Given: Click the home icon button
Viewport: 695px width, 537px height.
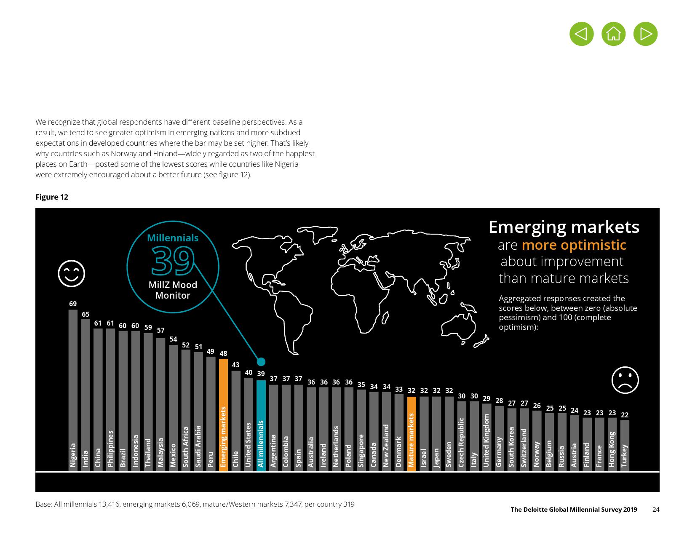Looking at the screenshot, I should tap(613, 34).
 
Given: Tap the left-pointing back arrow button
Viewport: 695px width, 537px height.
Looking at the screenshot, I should tap(581, 34).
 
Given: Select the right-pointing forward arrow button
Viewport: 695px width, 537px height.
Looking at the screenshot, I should tap(645, 34).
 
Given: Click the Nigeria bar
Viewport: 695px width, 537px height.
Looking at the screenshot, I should tap(73, 390).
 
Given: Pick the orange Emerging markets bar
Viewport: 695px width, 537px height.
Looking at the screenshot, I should tap(223, 415).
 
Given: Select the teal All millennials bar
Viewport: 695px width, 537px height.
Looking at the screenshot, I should tap(261, 425).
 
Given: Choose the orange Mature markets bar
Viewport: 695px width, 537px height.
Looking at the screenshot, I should tap(412, 434).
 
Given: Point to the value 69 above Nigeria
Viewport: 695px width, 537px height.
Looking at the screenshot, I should tap(73, 304).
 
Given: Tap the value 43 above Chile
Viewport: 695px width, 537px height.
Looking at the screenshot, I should tap(236, 365).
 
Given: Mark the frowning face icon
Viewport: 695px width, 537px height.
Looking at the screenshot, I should tap(625, 380).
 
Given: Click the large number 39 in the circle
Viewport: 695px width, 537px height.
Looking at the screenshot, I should tap(173, 261).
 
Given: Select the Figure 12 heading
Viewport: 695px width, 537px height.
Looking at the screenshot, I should tap(52, 197).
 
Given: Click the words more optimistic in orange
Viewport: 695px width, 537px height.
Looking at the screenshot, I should tap(574, 245).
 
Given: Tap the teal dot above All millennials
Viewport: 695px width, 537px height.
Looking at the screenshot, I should tap(261, 361).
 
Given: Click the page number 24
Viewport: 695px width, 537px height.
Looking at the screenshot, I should tap(655, 510).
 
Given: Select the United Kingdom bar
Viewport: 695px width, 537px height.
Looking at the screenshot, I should tap(486, 437).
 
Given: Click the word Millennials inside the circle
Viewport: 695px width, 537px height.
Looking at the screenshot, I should tap(173, 238).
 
